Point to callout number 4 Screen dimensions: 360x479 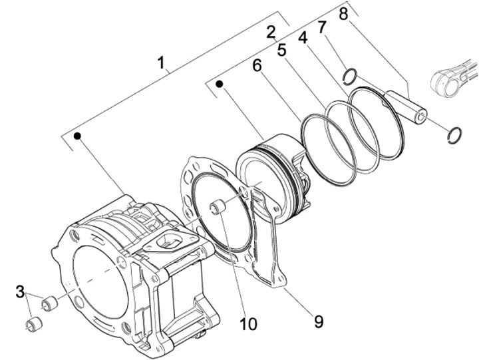pyautogui.click(x=303, y=39)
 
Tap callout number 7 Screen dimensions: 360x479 pyautogui.click(x=322, y=27)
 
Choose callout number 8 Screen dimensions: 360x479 pyautogui.click(x=344, y=13)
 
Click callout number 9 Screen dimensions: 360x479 pyautogui.click(x=318, y=321)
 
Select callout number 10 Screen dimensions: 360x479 pyautogui.click(x=248, y=324)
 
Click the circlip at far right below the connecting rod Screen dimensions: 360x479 pyautogui.click(x=455, y=134)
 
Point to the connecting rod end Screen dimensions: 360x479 pyautogui.click(x=452, y=77)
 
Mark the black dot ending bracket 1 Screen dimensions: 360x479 pyautogui.click(x=78, y=136)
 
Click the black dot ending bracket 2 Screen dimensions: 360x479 pyautogui.click(x=219, y=85)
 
